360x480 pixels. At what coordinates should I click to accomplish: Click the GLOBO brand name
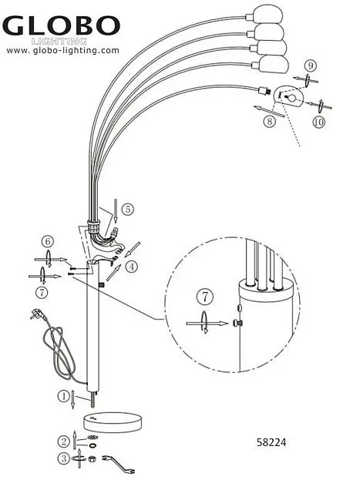click(61, 25)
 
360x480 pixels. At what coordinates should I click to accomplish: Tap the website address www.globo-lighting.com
click(62, 51)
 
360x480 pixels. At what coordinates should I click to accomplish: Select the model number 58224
click(271, 442)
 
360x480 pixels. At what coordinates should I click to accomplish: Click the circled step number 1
click(64, 397)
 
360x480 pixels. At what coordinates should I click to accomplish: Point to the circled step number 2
click(64, 441)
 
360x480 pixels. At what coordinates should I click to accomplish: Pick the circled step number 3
click(64, 458)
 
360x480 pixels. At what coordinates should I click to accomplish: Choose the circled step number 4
click(132, 267)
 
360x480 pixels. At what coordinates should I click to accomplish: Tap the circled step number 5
click(128, 210)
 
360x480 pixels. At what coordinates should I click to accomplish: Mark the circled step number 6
click(48, 242)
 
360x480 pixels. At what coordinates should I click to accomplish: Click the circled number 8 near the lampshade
click(270, 122)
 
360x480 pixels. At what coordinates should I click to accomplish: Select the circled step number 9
click(311, 65)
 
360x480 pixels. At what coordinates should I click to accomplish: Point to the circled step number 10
click(319, 123)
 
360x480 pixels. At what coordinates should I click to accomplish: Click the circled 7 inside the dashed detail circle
click(205, 297)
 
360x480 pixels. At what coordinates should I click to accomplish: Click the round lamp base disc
click(113, 423)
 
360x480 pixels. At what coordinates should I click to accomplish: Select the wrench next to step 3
click(119, 464)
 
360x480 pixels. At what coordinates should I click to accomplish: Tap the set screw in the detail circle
click(237, 322)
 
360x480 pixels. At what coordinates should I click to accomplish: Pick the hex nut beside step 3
click(91, 459)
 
